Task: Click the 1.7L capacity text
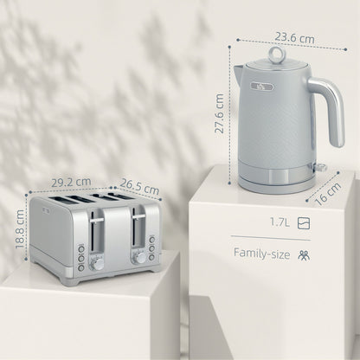pyautogui.click(x=279, y=223)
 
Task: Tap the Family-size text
pyautogui.click(x=262, y=254)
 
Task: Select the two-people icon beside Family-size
pyautogui.click(x=303, y=254)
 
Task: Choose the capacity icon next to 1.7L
pyautogui.click(x=303, y=223)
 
